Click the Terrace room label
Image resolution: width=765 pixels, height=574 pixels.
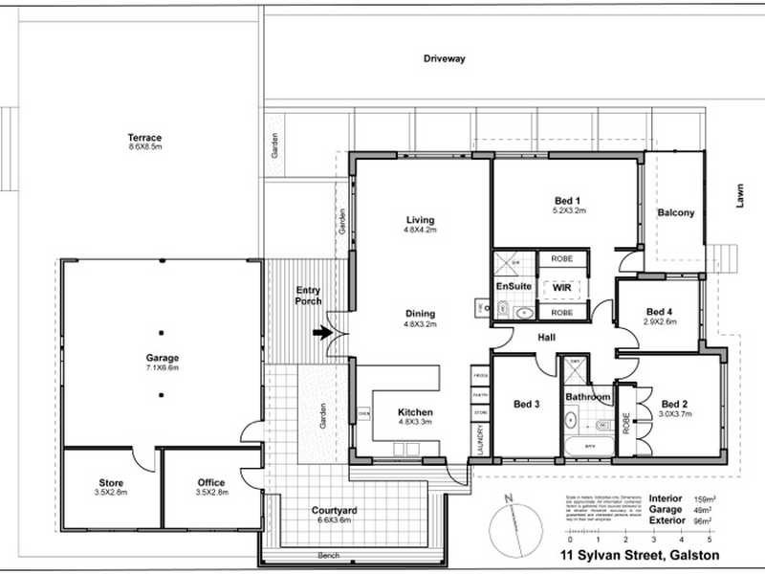tap(145, 137)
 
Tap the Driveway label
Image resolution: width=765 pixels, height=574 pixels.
tap(445, 58)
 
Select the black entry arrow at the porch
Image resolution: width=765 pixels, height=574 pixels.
tap(323, 333)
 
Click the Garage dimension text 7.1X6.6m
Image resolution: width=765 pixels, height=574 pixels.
tap(162, 367)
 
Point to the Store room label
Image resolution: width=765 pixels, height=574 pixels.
tap(112, 482)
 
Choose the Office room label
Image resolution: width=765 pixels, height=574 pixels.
tap(210, 482)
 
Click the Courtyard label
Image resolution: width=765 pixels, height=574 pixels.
tap(335, 511)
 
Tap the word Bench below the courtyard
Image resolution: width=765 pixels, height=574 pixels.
tap(329, 556)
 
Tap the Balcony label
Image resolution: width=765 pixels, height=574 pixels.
tap(676, 212)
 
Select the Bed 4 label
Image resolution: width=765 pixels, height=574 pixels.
tap(660, 312)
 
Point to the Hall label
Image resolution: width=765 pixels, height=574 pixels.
tap(547, 338)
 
